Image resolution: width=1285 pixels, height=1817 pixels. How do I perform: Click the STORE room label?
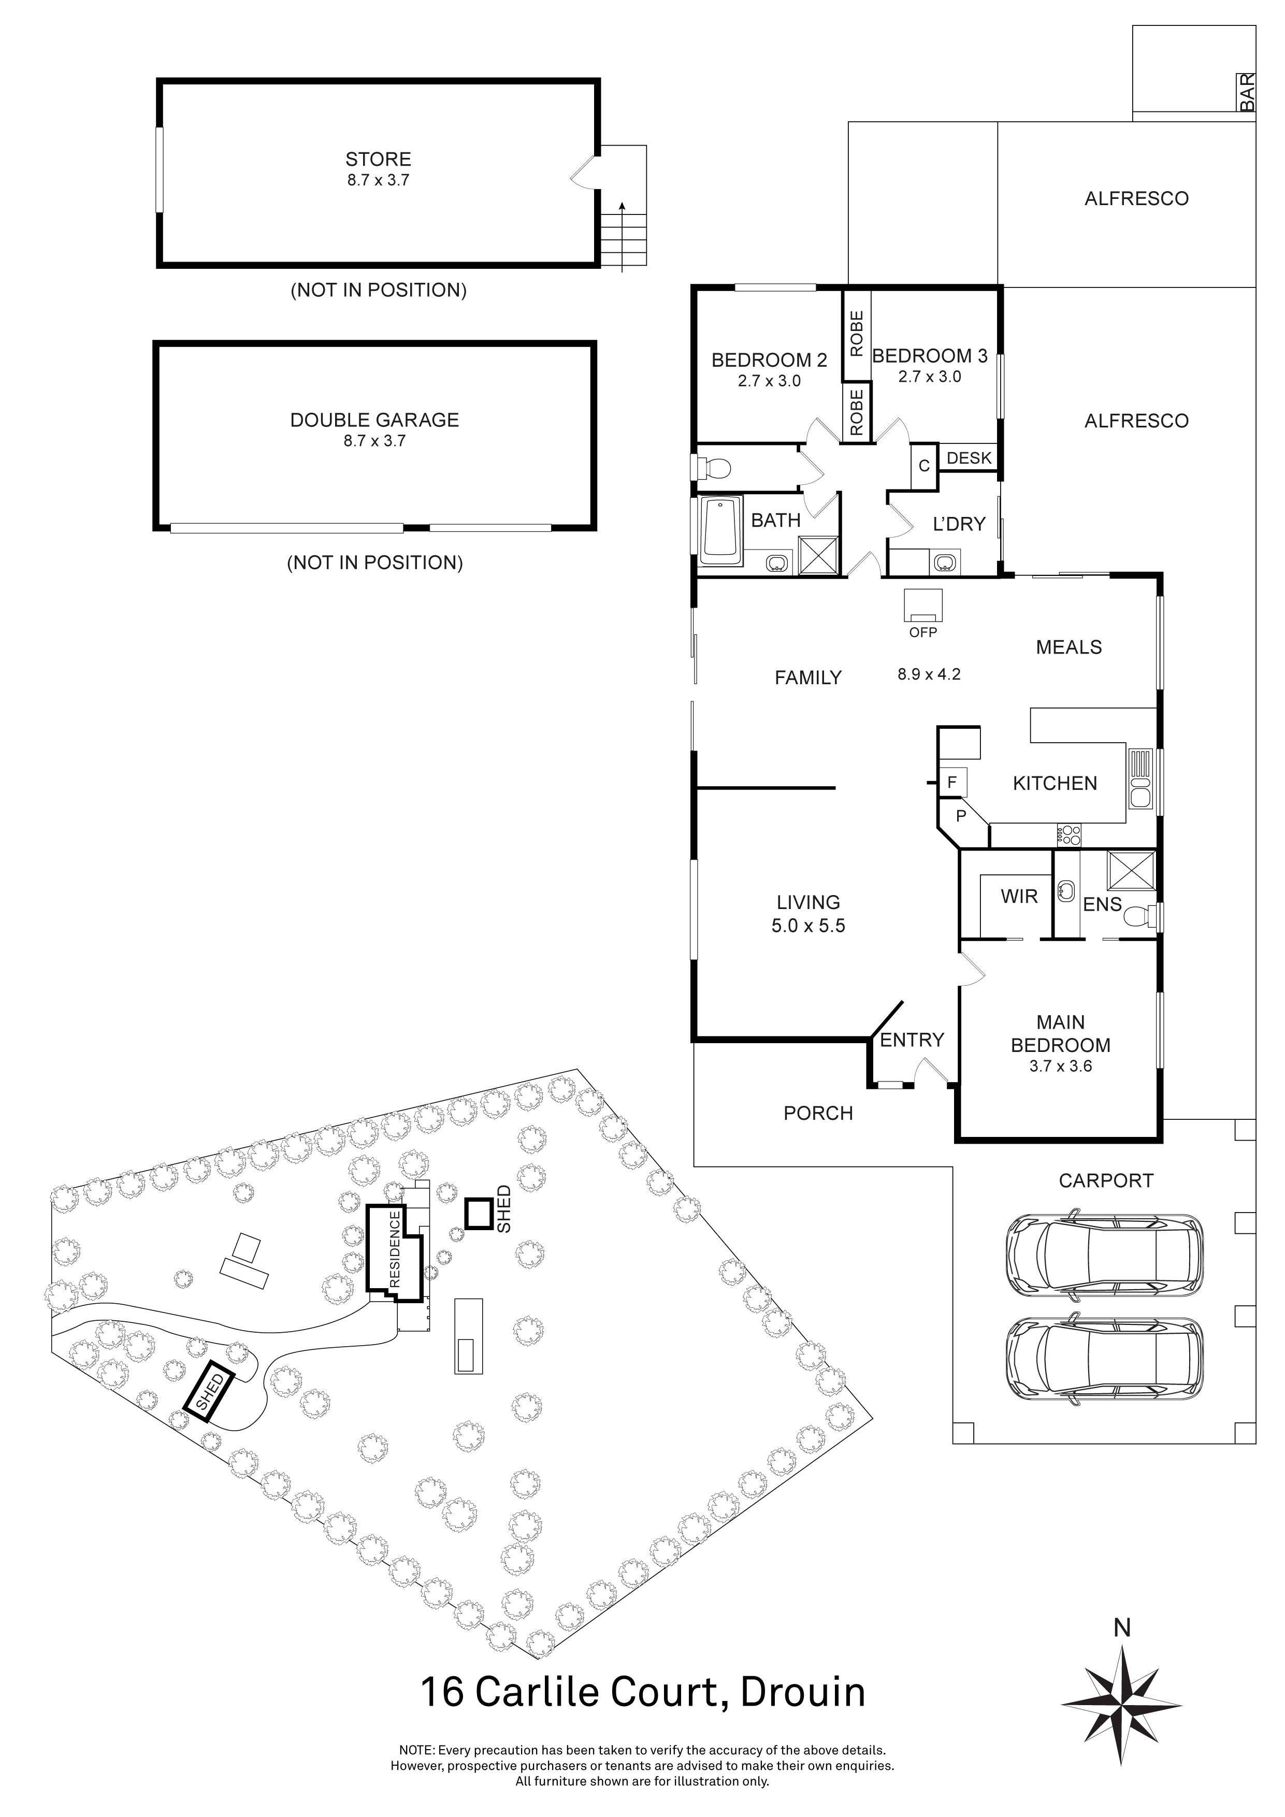click(378, 159)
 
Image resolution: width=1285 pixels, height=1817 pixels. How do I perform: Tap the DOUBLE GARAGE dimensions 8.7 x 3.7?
click(374, 441)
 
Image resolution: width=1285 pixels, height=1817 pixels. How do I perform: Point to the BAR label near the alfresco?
click(1248, 93)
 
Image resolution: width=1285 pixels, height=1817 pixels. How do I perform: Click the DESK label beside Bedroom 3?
click(969, 457)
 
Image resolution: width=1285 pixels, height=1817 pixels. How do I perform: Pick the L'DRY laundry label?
click(959, 524)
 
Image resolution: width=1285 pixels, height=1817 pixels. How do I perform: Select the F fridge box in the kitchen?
click(952, 783)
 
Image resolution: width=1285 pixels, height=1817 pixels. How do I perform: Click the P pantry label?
click(961, 815)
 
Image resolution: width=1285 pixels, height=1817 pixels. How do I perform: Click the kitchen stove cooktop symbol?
click(1069, 834)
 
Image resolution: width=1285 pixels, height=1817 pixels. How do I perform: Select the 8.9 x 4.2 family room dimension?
click(929, 674)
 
